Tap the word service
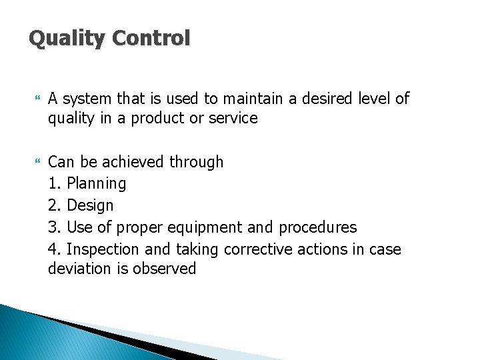coord(233,119)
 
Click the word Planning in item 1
coord(96,183)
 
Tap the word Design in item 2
coord(90,205)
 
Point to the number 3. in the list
coord(55,227)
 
